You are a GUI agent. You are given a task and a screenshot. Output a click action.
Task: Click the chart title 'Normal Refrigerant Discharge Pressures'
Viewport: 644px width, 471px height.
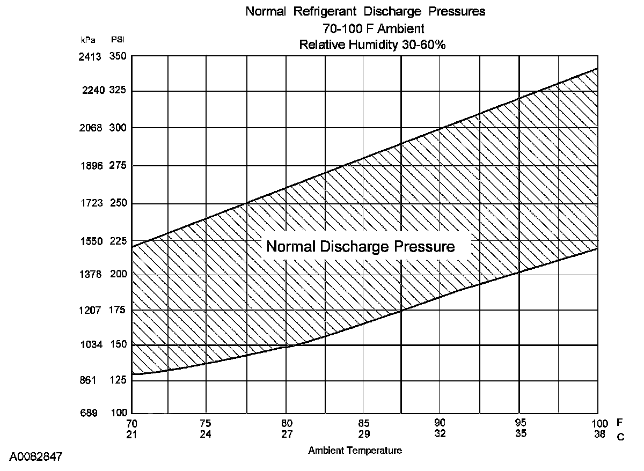(x=365, y=12)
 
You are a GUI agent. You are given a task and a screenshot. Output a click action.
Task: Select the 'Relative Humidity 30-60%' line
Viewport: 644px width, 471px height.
(x=372, y=45)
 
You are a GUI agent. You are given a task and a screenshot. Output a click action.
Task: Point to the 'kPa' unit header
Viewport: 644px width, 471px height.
(x=88, y=40)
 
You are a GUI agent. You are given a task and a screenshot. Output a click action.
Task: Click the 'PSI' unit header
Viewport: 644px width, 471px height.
(x=118, y=40)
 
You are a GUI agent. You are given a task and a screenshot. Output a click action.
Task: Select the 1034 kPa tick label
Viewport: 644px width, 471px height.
(x=90, y=345)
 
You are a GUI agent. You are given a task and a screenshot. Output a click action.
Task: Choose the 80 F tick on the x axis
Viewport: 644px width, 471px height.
(x=287, y=422)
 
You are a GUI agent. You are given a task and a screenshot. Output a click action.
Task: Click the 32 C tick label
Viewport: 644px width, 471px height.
(x=440, y=433)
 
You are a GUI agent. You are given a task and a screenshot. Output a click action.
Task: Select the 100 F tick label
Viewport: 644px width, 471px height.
(x=600, y=423)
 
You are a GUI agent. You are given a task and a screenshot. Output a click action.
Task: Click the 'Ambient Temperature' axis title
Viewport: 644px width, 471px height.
(x=355, y=451)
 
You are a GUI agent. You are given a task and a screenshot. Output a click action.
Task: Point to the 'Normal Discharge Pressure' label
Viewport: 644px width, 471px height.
(x=361, y=247)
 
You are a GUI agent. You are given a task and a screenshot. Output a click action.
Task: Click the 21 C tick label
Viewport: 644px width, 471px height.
(x=132, y=433)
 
